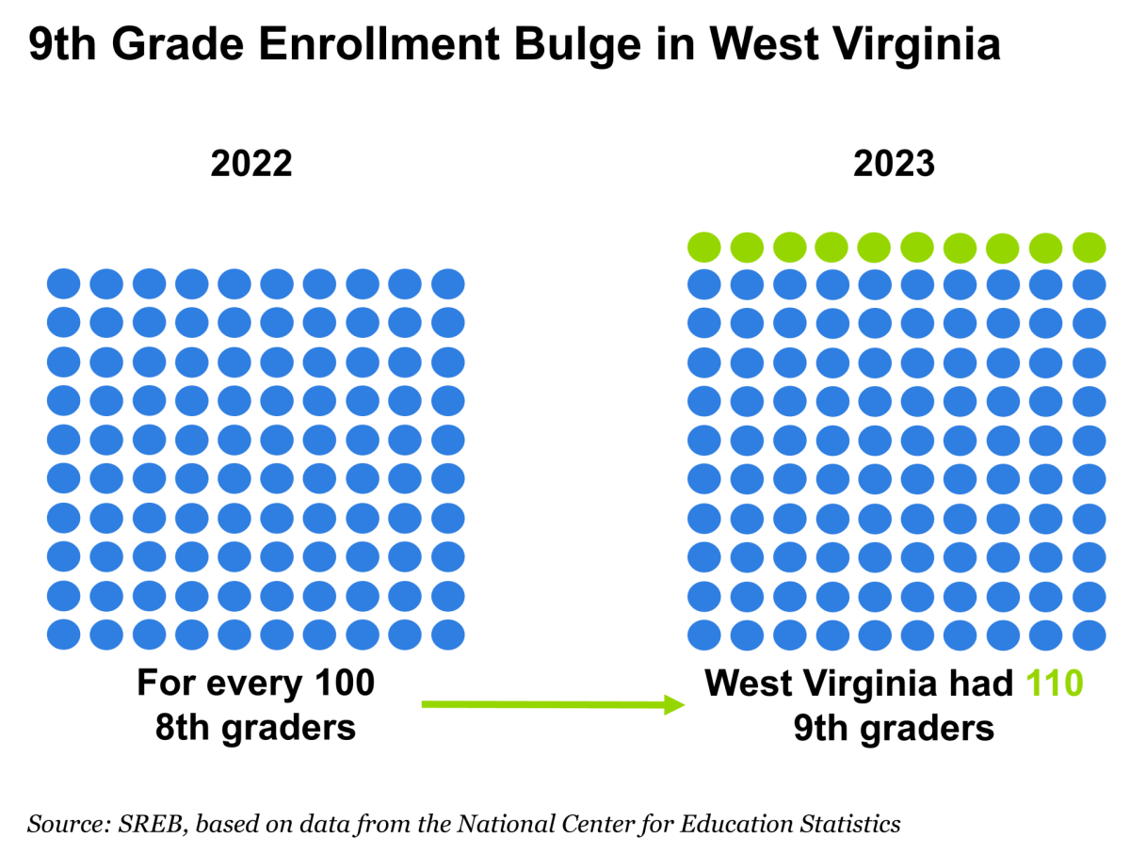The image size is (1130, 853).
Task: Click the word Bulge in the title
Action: [x=577, y=45]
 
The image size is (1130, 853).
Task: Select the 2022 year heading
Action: [x=251, y=164]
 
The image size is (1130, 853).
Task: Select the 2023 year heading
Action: [x=894, y=164]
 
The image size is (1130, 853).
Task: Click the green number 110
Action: [x=1054, y=683]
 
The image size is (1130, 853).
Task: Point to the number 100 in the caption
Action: [x=345, y=683]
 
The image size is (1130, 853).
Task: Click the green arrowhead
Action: [x=674, y=704]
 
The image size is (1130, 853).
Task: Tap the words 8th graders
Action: [x=255, y=728]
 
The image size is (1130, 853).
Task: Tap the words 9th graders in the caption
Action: [x=894, y=728]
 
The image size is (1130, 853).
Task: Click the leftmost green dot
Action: [x=703, y=247]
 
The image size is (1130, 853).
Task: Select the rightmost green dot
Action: [x=1089, y=247]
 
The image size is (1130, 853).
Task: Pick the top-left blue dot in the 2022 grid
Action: [x=63, y=283]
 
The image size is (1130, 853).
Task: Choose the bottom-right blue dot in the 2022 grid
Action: [x=448, y=635]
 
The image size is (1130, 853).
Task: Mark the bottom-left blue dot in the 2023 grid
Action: [x=703, y=635]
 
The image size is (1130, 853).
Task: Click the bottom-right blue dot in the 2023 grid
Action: [x=1089, y=635]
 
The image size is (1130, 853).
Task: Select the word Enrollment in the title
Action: [x=379, y=45]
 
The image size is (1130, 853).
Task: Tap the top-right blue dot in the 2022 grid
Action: [x=448, y=283]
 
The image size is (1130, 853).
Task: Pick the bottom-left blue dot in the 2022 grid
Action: [x=63, y=635]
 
